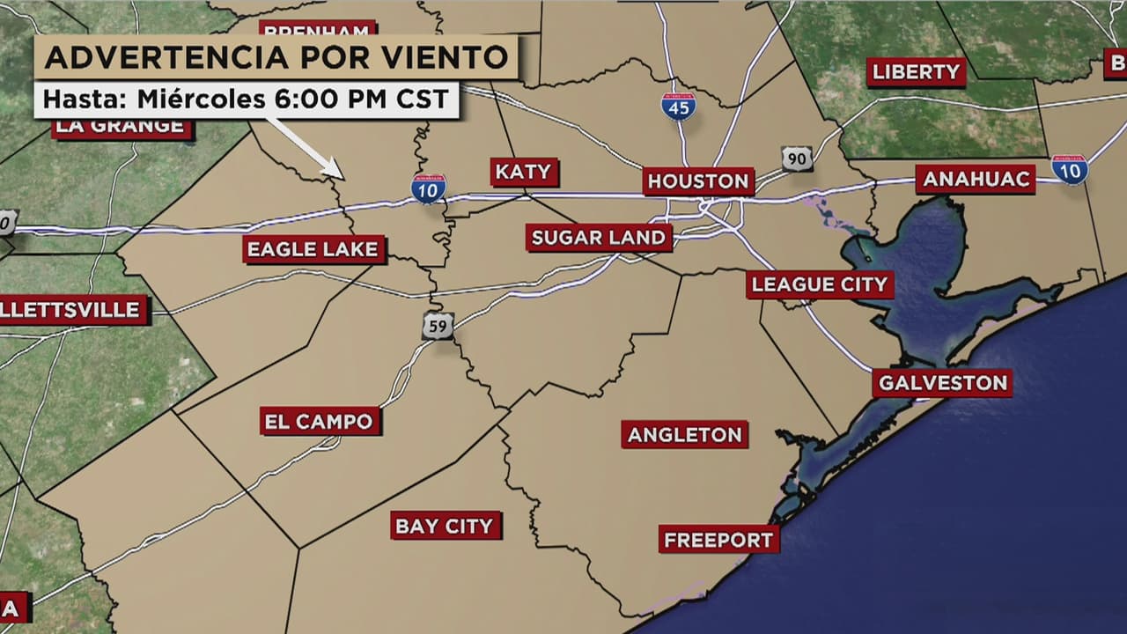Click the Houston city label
coord(698,181)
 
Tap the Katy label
coord(524,172)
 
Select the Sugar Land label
coord(599,237)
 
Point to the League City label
coord(820,284)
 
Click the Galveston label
coord(942,383)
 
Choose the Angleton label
coord(684,434)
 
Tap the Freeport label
coord(718,539)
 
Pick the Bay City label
coord(445,526)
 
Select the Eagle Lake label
coord(313,249)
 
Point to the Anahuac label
coord(975,179)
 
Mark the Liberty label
coord(916,72)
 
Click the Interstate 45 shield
coord(678,106)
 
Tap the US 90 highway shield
coord(796,158)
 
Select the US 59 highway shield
coord(438,326)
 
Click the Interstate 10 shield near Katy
coord(429,188)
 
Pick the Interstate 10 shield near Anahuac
coord(1070,169)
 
